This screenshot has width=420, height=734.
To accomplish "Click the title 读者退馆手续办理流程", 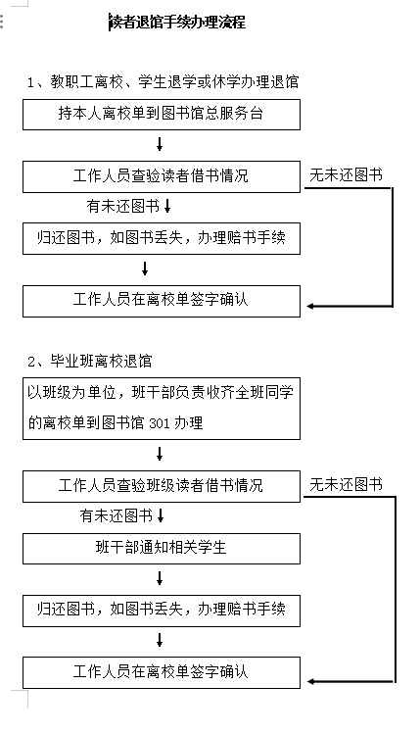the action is coord(178,22).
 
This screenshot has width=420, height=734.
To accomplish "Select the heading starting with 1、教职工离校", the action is coord(163,82).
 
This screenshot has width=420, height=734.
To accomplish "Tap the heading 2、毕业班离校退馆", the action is coord(90,361).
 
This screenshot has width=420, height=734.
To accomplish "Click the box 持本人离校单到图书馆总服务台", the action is coord(162,115).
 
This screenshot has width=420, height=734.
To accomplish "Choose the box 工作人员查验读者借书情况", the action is coord(162,176).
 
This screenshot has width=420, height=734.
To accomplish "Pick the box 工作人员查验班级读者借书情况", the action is coord(162,486).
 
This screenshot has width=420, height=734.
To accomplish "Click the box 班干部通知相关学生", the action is coord(162,548).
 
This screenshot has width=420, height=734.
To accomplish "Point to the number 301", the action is coord(159,423).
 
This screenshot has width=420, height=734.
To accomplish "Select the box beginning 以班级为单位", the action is coord(162,409).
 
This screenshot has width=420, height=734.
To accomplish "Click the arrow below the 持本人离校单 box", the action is coord(160,144).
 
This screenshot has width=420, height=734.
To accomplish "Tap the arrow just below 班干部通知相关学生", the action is coord(160,578).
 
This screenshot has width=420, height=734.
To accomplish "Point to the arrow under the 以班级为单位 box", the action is coord(160,454).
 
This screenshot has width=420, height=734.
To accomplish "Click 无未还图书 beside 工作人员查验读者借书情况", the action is coord(347,175).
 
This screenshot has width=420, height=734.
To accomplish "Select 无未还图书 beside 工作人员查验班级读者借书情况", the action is coord(347,484).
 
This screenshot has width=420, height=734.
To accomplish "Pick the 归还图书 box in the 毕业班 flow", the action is coord(162,611).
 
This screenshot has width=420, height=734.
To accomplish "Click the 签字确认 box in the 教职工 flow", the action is coord(162,301).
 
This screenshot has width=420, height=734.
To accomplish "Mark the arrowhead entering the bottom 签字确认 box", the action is coord(310,682).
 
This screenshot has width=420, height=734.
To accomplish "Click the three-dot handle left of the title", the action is coord(2,22).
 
